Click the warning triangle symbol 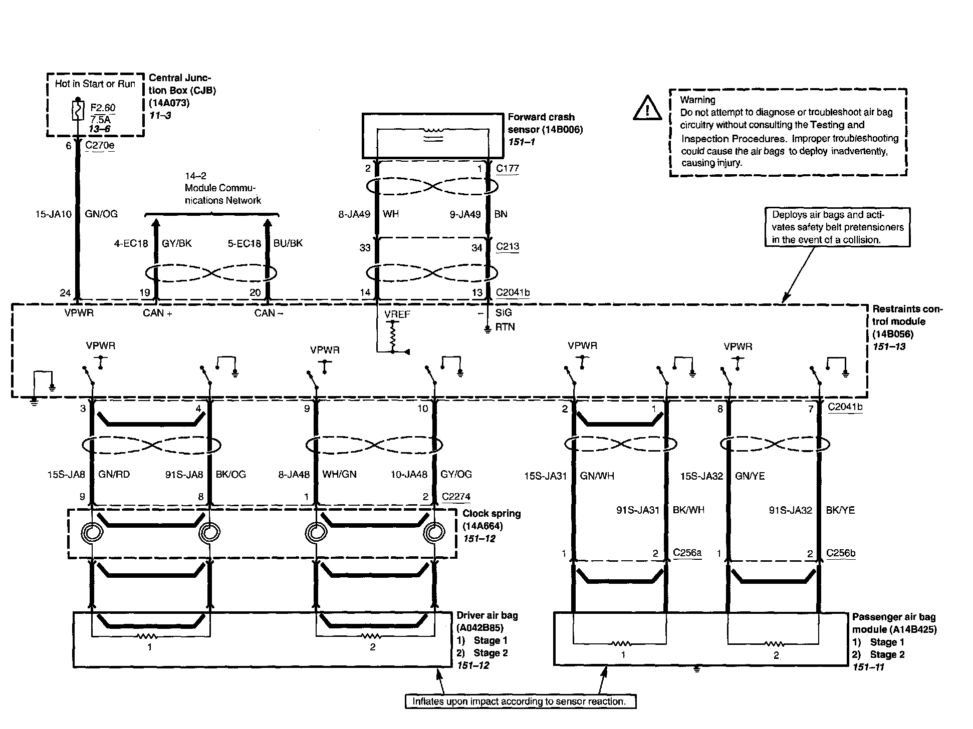tap(647, 109)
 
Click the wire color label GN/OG tap(101, 214)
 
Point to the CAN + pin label tap(157, 313)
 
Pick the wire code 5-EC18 tap(244, 244)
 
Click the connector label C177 tap(507, 169)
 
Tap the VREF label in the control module tap(397, 314)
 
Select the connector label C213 tap(507, 246)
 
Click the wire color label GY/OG tap(456, 474)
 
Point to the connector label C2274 tap(456, 497)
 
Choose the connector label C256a tap(687, 553)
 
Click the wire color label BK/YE tap(840, 511)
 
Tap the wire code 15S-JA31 tap(545, 476)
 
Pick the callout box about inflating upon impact tap(520, 701)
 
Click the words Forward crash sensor tap(541, 123)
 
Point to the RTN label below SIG tap(505, 327)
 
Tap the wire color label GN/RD tap(114, 474)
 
